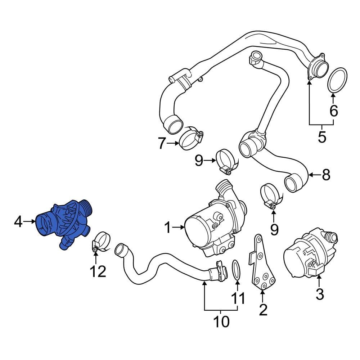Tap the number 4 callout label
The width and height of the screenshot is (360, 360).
pos(18,222)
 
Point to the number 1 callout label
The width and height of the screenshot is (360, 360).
pos(167,227)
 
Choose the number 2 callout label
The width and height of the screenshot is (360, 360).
pos(263,309)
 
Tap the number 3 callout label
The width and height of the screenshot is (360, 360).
pos(319,294)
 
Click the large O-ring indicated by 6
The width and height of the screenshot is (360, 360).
pos(338,81)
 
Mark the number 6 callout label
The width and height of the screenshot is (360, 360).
pos(334,111)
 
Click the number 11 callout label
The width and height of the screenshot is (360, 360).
pos(238,298)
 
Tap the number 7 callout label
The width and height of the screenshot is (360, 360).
pos(162,144)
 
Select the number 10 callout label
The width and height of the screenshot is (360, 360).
pos(221,321)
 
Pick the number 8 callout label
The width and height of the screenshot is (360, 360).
pos(325,175)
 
